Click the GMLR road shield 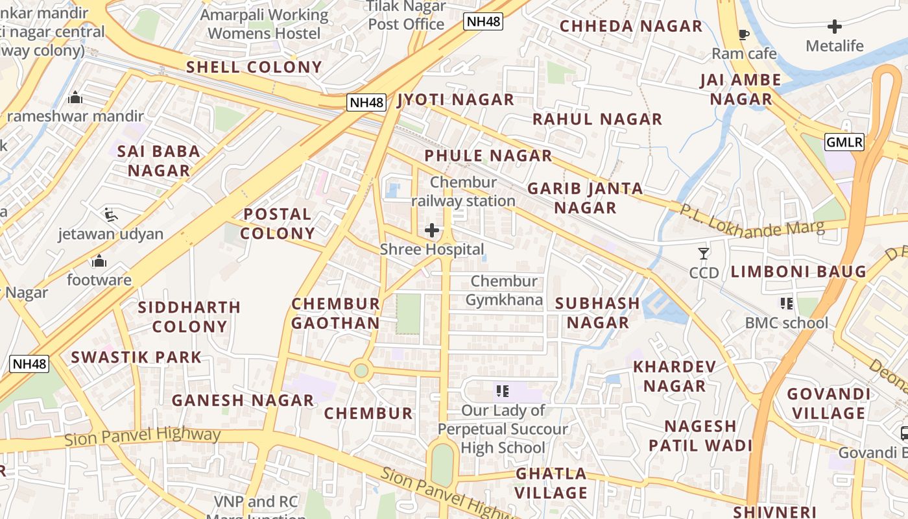click(x=844, y=141)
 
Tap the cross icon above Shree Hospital click(x=432, y=230)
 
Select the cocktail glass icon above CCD click(x=704, y=253)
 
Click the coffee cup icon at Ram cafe click(x=744, y=34)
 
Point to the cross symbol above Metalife click(x=835, y=27)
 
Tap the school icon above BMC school click(x=787, y=303)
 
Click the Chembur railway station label click(x=463, y=191)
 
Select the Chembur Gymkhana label click(x=504, y=291)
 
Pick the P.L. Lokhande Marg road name click(x=752, y=221)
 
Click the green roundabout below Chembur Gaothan click(x=361, y=371)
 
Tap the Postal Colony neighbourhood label click(x=278, y=223)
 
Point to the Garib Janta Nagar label click(x=585, y=198)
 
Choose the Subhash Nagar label click(x=597, y=313)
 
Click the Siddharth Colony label click(x=189, y=317)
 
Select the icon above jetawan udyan click(x=111, y=214)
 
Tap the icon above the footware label click(x=99, y=261)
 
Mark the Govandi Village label click(x=828, y=404)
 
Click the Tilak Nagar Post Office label click(x=407, y=16)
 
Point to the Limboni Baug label click(x=798, y=272)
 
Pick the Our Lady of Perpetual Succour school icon click(x=502, y=391)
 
